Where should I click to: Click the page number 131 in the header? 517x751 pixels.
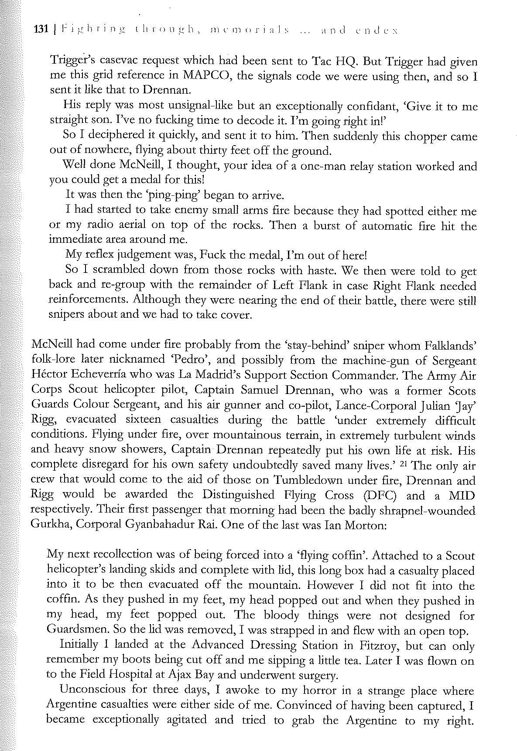[x=41, y=30]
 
